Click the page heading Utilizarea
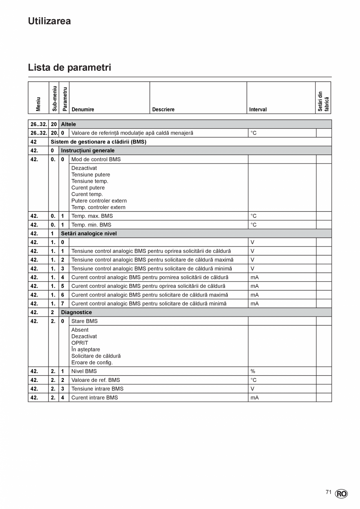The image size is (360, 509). [x=49, y=21]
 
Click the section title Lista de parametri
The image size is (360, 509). [x=69, y=67]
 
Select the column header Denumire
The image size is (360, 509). [x=83, y=110]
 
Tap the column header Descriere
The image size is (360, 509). [x=163, y=110]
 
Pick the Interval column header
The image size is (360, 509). [x=258, y=110]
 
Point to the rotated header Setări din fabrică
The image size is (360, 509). [x=323, y=102]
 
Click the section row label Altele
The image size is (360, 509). [x=68, y=124]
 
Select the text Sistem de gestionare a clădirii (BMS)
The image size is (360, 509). [x=98, y=142]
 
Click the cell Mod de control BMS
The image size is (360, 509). [x=96, y=159]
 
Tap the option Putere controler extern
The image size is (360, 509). [x=99, y=201]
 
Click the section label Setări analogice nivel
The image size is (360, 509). [x=89, y=234]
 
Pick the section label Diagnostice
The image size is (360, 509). [x=76, y=312]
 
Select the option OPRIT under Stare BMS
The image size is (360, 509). [x=79, y=343]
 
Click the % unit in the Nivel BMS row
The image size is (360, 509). [x=253, y=371]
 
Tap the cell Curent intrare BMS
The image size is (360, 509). [x=94, y=397]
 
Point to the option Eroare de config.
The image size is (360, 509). [x=92, y=362]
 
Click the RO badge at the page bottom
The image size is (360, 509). [x=341, y=494]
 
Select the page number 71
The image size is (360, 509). [x=328, y=492]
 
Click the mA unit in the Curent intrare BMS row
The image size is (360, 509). [x=254, y=397]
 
